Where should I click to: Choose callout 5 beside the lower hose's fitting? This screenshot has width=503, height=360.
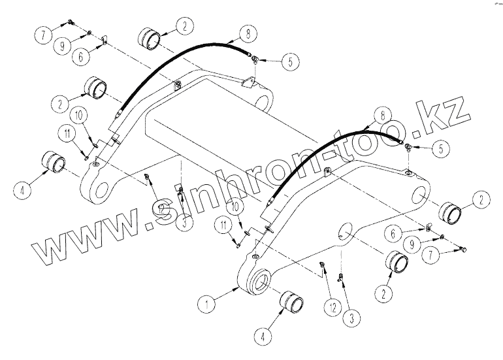442,149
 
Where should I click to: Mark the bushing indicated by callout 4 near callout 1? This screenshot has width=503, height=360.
293,304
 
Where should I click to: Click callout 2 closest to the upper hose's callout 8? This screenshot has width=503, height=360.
185,26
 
